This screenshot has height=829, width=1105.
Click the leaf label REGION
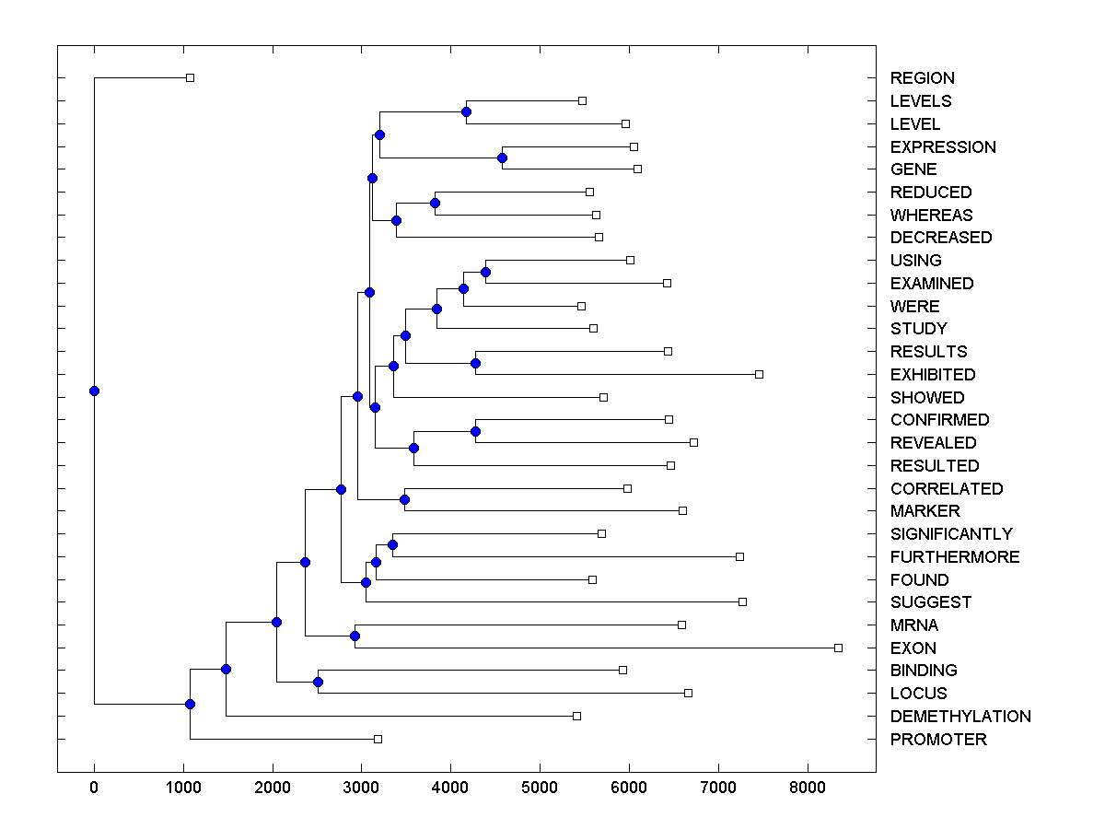pos(922,78)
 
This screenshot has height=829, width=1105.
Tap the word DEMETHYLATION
pos(960,717)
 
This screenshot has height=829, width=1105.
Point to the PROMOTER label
pos(938,740)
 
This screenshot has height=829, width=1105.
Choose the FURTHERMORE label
pos(955,557)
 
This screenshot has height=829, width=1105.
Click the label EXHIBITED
pos(933,375)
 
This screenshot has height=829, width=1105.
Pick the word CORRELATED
pos(947,489)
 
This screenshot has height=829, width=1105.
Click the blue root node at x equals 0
pos(94,391)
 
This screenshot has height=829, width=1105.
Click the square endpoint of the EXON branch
pos(838,648)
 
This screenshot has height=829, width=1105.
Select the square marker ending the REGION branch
pos(190,77)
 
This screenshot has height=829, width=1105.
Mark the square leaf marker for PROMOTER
pos(378,739)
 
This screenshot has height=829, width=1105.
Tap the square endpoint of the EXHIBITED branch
pos(759,374)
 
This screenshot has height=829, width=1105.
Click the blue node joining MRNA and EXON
pos(355,636)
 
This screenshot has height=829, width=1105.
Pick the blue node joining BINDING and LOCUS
pos(318,682)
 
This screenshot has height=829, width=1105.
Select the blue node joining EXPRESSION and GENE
pos(502,158)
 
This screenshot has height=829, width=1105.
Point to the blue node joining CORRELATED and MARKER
pos(404,499)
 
